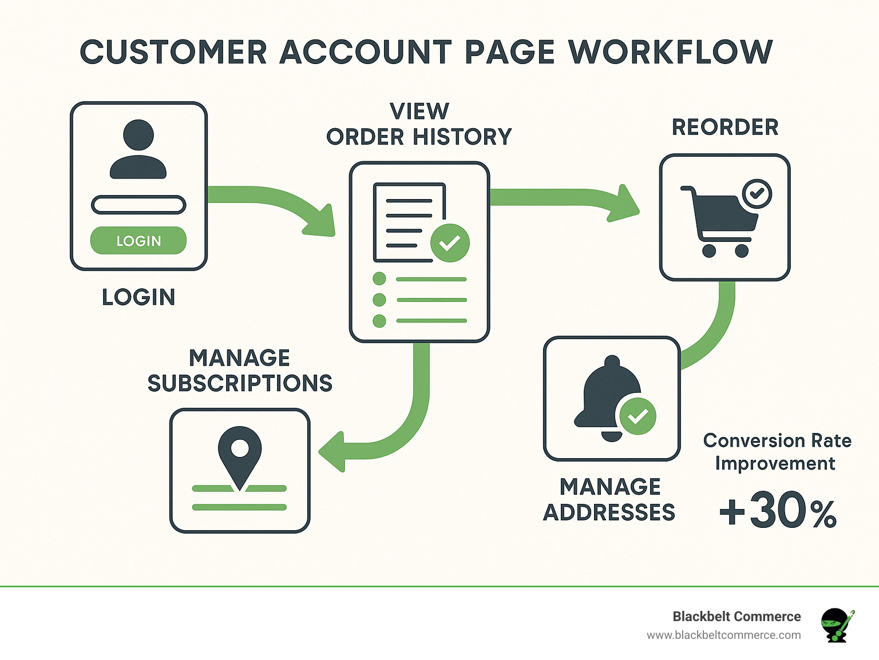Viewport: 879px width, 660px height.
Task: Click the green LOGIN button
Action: point(138,241)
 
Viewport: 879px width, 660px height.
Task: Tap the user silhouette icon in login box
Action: point(138,150)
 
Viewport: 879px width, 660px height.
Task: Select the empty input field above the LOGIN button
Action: point(138,205)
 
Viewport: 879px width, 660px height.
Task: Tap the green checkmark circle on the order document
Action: point(450,243)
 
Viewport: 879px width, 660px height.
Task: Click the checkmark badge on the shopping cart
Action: point(757,193)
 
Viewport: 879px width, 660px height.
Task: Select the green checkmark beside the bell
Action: point(638,416)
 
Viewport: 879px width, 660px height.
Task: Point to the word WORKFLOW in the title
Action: point(671,53)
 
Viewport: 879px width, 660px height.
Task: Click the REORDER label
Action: point(725,128)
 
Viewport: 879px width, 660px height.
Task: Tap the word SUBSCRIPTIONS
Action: point(240,383)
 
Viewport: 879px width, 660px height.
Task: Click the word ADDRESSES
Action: point(609,512)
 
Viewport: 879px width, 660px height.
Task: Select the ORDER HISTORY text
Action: point(419,137)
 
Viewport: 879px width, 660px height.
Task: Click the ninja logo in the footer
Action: point(837,625)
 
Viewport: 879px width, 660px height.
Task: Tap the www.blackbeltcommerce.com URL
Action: point(723,635)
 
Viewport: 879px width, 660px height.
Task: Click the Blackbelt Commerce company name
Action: point(737,617)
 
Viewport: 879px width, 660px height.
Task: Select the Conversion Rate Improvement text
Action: point(777,452)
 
